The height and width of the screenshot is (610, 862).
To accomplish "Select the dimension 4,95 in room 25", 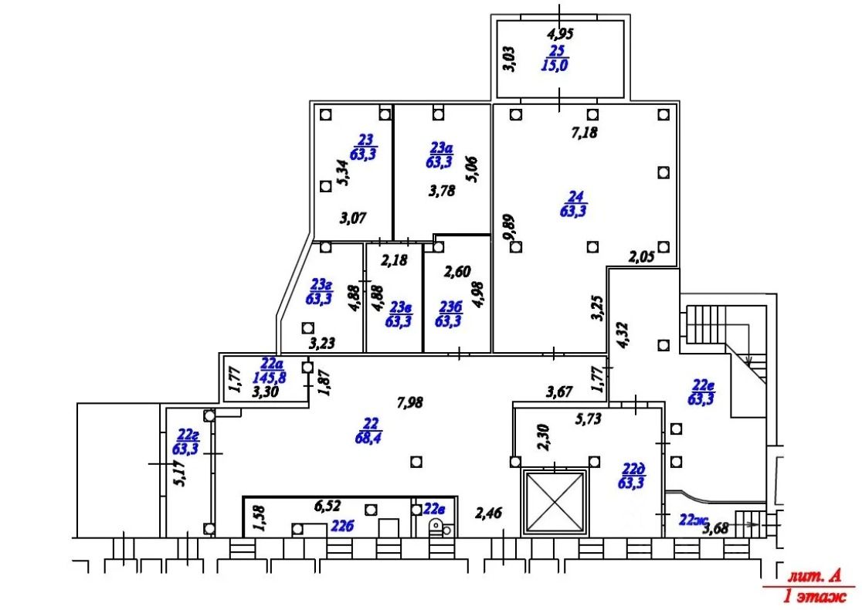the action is [560, 34].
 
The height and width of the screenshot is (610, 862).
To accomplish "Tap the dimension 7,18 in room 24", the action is [584, 133].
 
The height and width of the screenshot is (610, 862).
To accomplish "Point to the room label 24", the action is [575, 196].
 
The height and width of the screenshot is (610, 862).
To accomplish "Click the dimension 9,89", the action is [510, 227].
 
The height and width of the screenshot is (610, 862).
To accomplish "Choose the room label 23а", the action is [441, 147].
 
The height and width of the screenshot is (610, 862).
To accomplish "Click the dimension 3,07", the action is [353, 219].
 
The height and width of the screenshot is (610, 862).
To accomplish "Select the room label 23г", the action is [321, 285].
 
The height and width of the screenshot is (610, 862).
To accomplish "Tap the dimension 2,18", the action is [394, 260].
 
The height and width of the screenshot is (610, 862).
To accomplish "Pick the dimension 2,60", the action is [457, 272].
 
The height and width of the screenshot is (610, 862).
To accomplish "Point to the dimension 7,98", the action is [410, 403].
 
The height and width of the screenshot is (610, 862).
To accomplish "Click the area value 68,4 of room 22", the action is [369, 438].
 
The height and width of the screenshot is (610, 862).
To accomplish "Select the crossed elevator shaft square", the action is [555, 501].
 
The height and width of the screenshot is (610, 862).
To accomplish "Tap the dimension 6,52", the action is [327, 506].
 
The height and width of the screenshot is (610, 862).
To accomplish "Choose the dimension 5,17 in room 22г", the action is [179, 473].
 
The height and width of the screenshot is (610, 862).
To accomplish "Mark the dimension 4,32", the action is [623, 335].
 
